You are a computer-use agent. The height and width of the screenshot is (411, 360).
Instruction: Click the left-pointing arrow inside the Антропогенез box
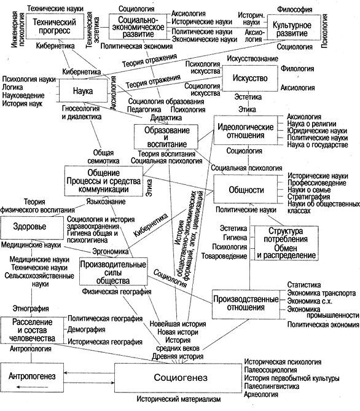pos(32,387)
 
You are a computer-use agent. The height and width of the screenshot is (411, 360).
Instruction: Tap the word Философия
pos(295,9)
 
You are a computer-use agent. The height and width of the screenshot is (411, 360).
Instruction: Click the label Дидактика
pos(166,118)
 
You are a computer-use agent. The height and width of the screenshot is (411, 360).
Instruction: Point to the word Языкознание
pos(106,202)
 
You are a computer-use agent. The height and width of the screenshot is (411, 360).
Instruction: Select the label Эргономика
pos(111,252)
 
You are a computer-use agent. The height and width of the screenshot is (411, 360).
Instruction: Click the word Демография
pos(87,329)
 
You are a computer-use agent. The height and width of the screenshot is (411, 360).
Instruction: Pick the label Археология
pos(261,394)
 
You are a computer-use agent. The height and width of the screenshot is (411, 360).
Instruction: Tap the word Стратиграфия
pos(309,197)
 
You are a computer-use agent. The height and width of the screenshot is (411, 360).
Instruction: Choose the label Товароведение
pos(224,256)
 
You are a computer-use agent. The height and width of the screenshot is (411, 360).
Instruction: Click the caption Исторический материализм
pos(179,399)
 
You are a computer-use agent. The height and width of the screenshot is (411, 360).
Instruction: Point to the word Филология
pos(297,69)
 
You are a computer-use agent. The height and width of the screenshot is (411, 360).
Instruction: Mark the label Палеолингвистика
pos(272,386)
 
